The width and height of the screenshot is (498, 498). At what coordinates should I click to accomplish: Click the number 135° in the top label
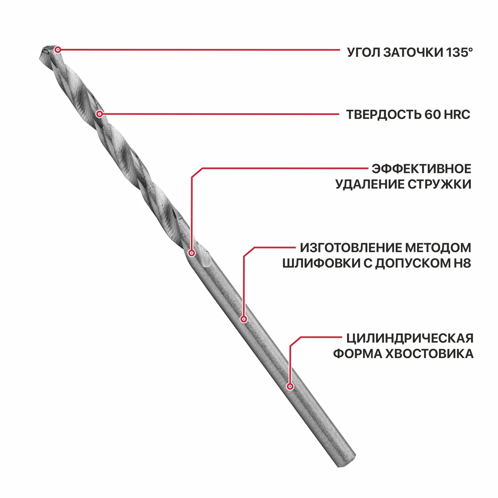pos(459,52)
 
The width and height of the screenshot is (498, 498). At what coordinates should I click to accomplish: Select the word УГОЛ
pos(364,53)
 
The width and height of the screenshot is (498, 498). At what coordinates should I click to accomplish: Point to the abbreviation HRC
pos(456,115)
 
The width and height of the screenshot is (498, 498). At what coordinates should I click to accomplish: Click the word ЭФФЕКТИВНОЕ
pos(421,169)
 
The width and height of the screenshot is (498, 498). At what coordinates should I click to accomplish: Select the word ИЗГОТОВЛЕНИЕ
pos(351,248)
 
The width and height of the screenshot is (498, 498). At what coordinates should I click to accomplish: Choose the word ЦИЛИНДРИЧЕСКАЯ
pos(410,338)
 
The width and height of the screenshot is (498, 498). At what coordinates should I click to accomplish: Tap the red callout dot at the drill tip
pos(58,50)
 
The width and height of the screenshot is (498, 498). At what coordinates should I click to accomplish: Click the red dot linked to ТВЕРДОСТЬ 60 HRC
pos(100,114)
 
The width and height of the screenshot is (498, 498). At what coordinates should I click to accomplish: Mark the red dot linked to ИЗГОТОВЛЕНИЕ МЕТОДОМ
pos(244,319)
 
